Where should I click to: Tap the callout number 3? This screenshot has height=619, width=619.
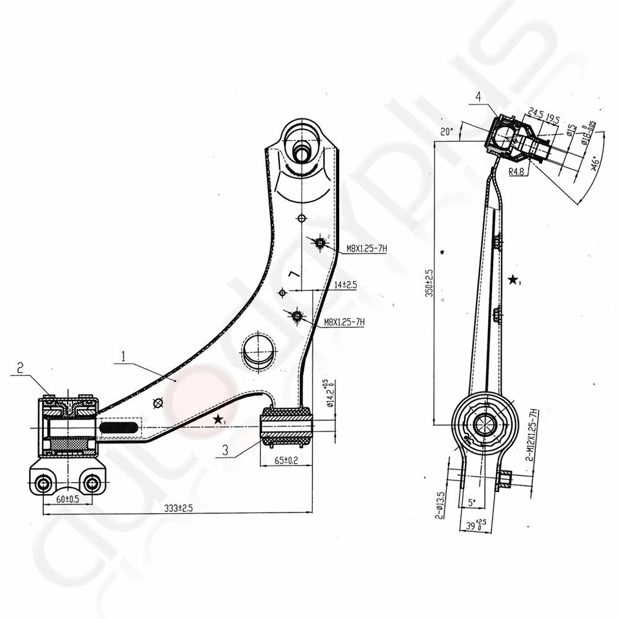[224, 451]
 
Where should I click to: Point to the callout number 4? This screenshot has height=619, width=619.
[478, 97]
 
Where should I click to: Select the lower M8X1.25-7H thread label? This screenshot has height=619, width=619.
[344, 322]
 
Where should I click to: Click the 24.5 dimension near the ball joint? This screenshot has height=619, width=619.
[536, 111]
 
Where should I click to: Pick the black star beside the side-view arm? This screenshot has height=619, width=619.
[513, 280]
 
